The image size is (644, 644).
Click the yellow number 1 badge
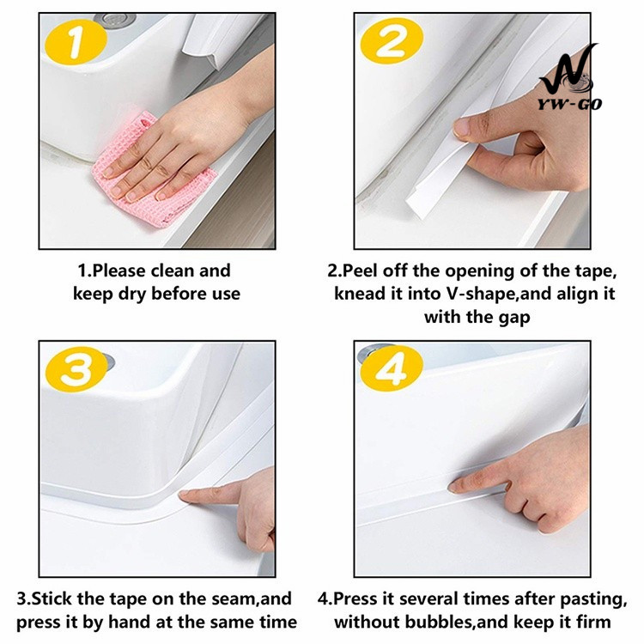pos(76,41)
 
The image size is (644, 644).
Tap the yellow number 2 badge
pos(392,40)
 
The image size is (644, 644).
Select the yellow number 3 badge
pos(76,369)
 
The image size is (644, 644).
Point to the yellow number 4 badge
pos(392,368)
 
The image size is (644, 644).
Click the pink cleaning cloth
pos(152,173)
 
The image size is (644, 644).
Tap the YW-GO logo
pos(569,78)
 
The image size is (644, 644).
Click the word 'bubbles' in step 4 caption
pos(437,622)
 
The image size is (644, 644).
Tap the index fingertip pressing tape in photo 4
pos(454,487)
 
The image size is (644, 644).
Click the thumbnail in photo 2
pos(462,128)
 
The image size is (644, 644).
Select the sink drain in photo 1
pos(114,19)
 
